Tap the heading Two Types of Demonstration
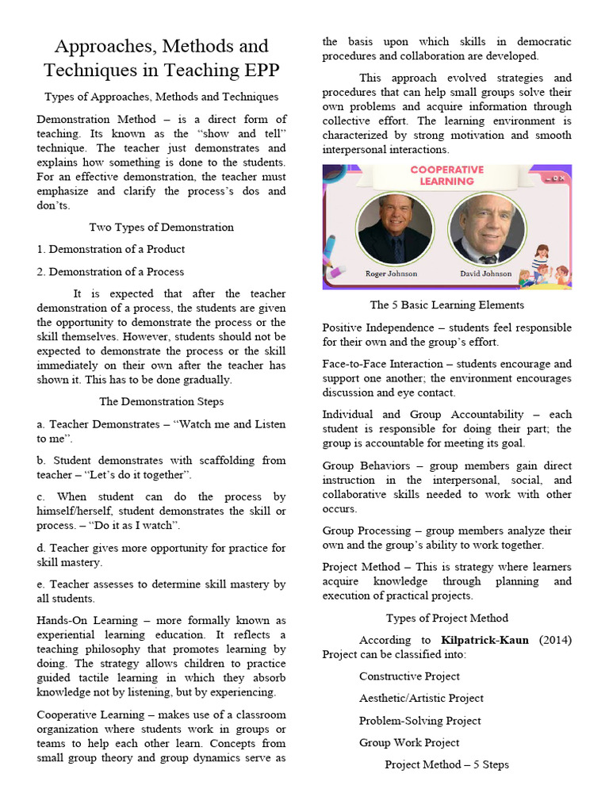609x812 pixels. coord(161,228)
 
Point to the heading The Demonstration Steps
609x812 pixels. coord(161,402)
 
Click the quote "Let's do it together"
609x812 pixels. coord(139,475)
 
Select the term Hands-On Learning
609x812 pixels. coord(81,620)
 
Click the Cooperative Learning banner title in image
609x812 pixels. coord(446,175)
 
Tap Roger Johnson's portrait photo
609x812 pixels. coord(394,229)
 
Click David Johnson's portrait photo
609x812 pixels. coord(486,229)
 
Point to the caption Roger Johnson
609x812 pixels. coord(391,274)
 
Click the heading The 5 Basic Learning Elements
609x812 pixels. coord(446,305)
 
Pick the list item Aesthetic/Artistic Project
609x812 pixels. coord(421,699)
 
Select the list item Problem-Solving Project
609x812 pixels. coord(420,721)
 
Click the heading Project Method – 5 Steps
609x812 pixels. coord(446,765)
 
